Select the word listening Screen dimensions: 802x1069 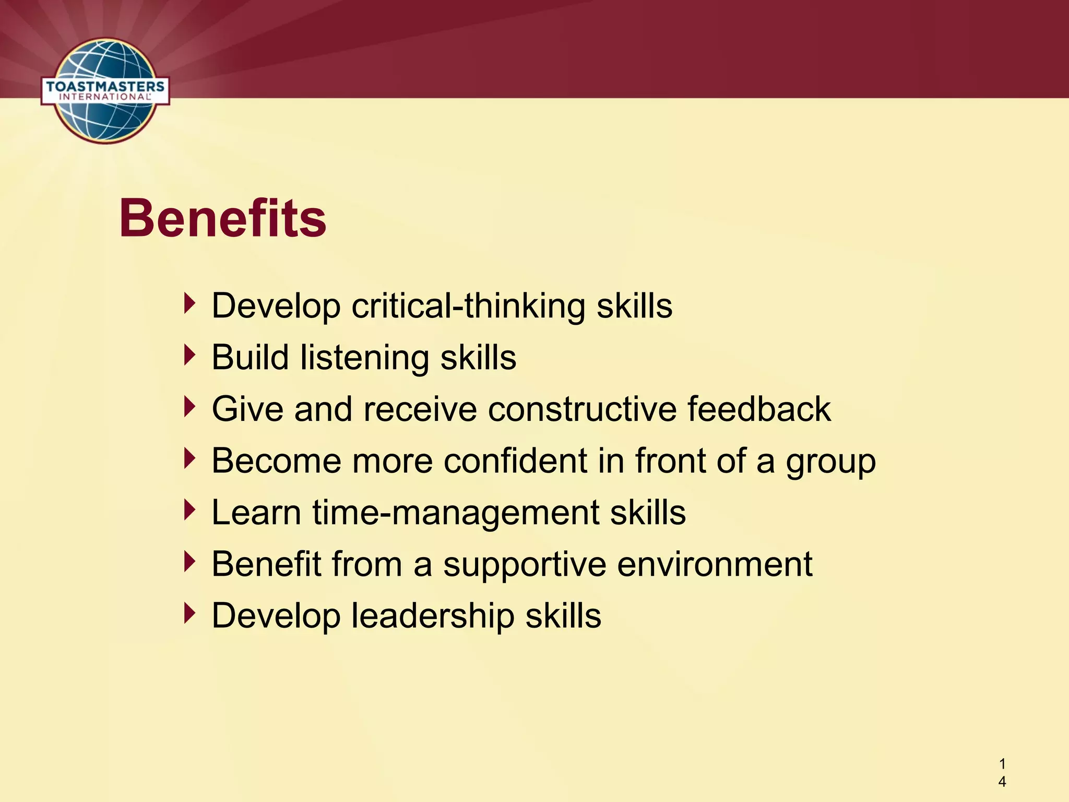click(364, 358)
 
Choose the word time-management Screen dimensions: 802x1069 click(456, 513)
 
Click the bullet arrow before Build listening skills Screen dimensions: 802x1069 click(190, 356)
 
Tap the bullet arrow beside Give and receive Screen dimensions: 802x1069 click(190, 407)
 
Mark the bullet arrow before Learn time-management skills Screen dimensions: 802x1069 click(190, 511)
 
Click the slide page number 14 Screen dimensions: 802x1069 click(1002, 773)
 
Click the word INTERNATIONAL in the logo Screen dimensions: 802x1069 click(104, 97)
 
